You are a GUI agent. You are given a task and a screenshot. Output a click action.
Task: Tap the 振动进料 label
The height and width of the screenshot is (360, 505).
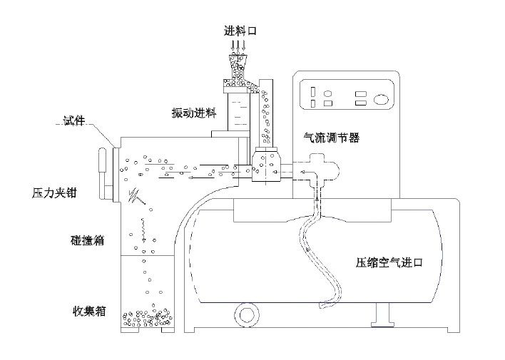190,113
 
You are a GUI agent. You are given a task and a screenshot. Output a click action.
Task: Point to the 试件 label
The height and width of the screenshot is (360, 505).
73,122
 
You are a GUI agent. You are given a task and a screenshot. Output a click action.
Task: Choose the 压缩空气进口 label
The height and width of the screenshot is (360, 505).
389,262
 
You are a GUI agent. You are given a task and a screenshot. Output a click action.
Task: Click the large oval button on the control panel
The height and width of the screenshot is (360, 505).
384,99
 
